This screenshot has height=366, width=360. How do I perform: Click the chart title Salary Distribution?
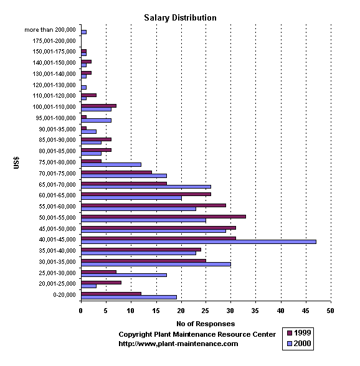pyautogui.click(x=180, y=17)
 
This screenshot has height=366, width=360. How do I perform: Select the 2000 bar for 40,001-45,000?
pyautogui.click(x=199, y=242)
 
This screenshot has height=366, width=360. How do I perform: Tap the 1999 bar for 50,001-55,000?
pyautogui.click(x=164, y=217)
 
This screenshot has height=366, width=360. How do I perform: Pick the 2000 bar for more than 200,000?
pyautogui.click(x=83, y=32)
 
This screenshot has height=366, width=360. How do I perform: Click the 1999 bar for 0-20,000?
pyautogui.click(x=111, y=294)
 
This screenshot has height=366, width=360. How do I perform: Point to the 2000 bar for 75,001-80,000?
pyautogui.click(x=111, y=165)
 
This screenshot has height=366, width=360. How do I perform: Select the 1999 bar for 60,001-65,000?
pyautogui.click(x=146, y=194)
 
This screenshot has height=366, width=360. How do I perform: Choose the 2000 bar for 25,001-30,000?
pyautogui.click(x=124, y=275)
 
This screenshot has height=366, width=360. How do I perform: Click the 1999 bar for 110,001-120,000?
pyautogui.click(x=89, y=95)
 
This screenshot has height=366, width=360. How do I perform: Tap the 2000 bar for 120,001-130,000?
pyautogui.click(x=83, y=87)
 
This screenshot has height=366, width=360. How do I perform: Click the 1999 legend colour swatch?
pyautogui.click(x=290, y=333)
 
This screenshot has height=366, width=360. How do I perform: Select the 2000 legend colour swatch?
pyautogui.click(x=290, y=344)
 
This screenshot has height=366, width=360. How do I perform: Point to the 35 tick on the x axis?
pyautogui.click(x=255, y=311)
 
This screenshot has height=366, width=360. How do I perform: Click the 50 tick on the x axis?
pyautogui.click(x=330, y=311)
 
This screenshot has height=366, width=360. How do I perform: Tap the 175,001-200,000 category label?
pyautogui.click(x=54, y=41)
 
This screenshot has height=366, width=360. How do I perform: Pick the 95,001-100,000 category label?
pyautogui.click(x=55, y=118)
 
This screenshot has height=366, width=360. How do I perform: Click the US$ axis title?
pyautogui.click(x=16, y=162)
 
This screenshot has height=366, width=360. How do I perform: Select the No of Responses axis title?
pyautogui.click(x=206, y=324)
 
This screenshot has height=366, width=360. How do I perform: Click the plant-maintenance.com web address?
pyautogui.click(x=178, y=344)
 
